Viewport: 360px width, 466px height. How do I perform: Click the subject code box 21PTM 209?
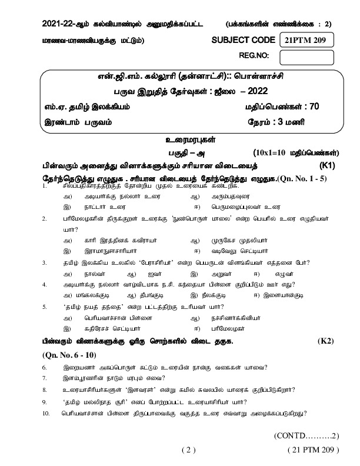click(x=306, y=40)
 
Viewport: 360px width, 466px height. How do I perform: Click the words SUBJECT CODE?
click(x=243, y=40)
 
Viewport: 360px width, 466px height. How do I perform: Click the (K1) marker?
click(x=327, y=166)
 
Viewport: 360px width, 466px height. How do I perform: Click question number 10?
click(x=46, y=414)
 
